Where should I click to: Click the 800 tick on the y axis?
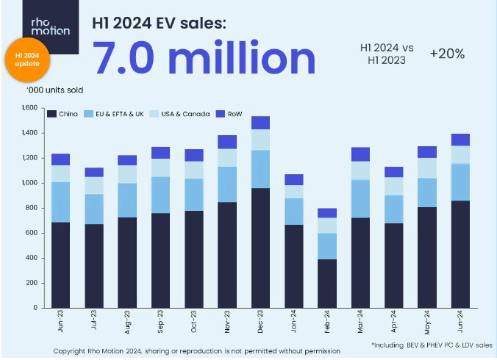[29, 208]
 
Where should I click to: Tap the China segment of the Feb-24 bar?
[327, 283]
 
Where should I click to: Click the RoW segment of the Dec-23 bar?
[261, 123]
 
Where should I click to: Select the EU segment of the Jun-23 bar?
[60, 202]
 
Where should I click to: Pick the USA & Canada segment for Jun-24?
[460, 154]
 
